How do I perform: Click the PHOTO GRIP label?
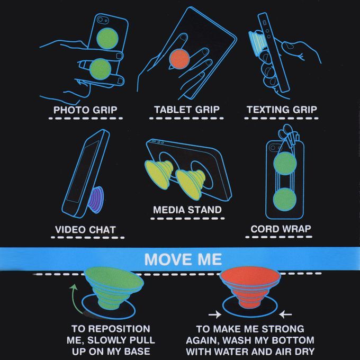[x=85, y=110]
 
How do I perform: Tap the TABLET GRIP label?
[x=187, y=110]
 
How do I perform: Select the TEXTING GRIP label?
[x=282, y=110]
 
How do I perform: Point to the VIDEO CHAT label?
[x=85, y=230]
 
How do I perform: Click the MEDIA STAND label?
[x=187, y=210]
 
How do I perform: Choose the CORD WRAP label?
[x=281, y=229]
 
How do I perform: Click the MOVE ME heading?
[x=183, y=259]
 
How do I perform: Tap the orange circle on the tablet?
[x=179, y=59]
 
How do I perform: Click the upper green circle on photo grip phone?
[x=107, y=38]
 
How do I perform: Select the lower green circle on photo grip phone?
[x=101, y=69]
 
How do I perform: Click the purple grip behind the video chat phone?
[x=96, y=199]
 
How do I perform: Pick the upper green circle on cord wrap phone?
[x=285, y=164]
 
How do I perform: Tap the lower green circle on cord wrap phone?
[x=285, y=200]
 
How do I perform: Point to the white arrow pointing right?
[x=214, y=314]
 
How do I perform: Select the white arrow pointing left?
[x=285, y=314]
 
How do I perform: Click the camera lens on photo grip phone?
[x=100, y=20]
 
